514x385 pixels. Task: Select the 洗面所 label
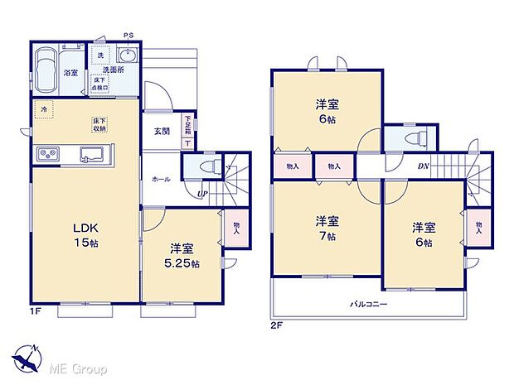(x=114, y=70)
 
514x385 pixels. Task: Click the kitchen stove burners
(x=46, y=154)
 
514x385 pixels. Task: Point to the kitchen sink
(x=91, y=153)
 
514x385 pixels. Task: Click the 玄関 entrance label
(x=162, y=130)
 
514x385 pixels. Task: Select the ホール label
(x=161, y=178)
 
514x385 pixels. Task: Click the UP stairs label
(x=202, y=194)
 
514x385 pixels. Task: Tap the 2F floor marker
(x=276, y=325)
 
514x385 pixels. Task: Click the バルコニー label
(x=368, y=303)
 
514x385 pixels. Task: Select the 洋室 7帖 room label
(x=326, y=229)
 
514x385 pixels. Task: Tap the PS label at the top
(x=128, y=35)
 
